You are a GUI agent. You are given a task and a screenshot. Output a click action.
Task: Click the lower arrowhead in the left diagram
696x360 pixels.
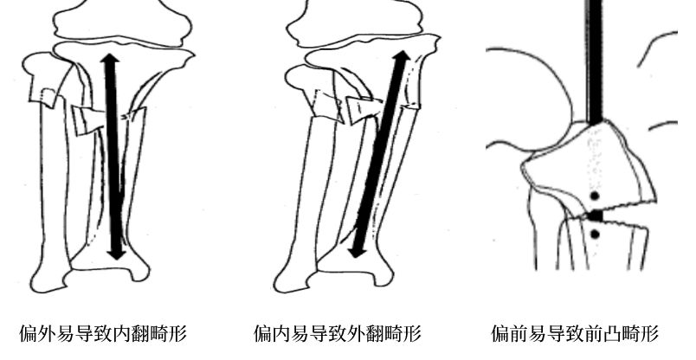coord(117,251)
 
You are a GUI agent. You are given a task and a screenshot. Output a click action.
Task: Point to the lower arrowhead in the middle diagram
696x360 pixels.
coord(356,251)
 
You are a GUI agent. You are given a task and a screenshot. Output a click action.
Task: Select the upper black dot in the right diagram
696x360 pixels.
coord(595,196)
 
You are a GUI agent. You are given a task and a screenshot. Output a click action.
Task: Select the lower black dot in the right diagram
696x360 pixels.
coord(596,234)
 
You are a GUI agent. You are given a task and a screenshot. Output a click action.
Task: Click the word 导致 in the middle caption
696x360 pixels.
coord(328,333)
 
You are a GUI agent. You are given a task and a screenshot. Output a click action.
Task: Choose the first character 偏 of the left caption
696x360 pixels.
coord(29,333)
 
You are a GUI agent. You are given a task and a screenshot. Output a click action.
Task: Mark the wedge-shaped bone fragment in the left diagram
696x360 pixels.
coord(87,120)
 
